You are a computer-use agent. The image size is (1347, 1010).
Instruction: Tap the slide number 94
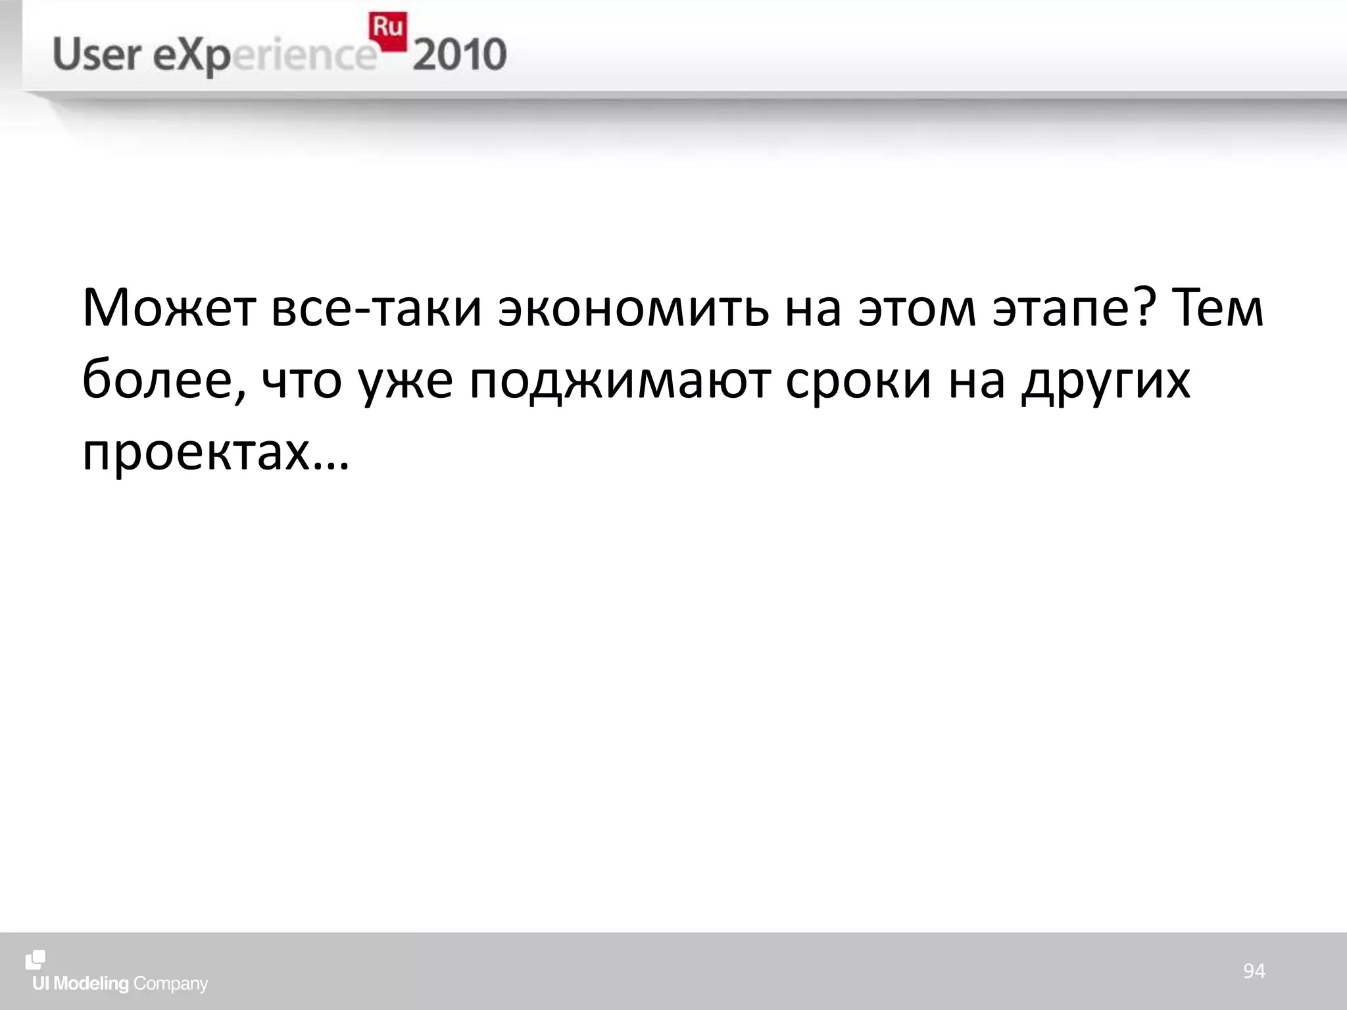coord(1254,971)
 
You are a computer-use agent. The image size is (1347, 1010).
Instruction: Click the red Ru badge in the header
coord(387,30)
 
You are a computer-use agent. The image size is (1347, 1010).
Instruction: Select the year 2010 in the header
coord(460,55)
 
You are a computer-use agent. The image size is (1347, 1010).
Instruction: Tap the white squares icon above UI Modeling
coord(36,960)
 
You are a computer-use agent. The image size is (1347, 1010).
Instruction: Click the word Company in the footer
coord(170,984)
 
